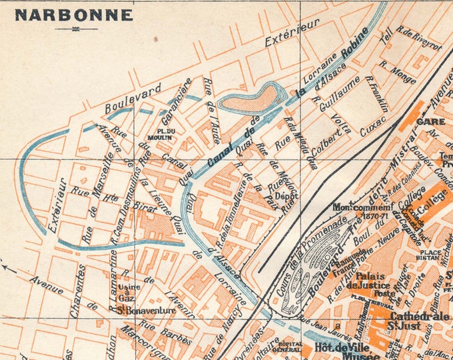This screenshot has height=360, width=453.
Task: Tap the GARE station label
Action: point(426,121)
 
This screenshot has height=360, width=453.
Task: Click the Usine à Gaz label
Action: point(127,291)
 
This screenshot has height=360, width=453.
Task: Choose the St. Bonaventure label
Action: point(146,310)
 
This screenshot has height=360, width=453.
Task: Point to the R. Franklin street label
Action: point(376,93)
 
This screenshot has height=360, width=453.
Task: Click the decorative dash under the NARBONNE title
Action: point(67,29)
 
